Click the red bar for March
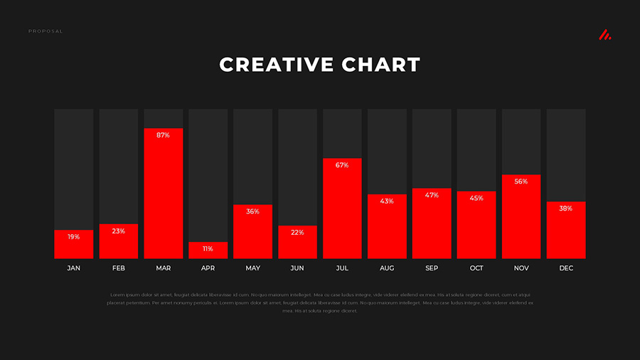[164, 194]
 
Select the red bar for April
[208, 250]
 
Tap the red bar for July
[342, 208]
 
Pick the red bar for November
[521, 217]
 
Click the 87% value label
[164, 135]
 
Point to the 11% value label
[208, 249]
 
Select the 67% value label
[342, 165]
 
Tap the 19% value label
[74, 237]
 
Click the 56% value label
[521, 181]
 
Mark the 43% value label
[387, 201]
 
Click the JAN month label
[74, 268]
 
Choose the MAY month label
[253, 268]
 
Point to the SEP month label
[432, 268]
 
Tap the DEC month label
[566, 268]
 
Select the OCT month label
[476, 268]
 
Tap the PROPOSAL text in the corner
[46, 31]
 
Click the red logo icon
[604, 35]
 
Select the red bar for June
[297, 243]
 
